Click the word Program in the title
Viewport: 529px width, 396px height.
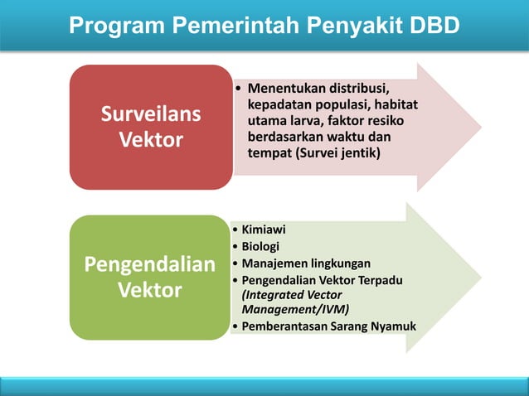pos(117,26)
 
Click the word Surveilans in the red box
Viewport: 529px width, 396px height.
pos(151,114)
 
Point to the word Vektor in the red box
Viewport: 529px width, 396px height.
pos(151,140)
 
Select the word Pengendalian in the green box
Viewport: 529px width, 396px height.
pos(150,265)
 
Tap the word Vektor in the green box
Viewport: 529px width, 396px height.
pos(150,292)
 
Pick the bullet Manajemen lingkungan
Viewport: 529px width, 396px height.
pos(305,263)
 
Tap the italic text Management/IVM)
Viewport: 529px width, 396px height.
pos(295,309)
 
